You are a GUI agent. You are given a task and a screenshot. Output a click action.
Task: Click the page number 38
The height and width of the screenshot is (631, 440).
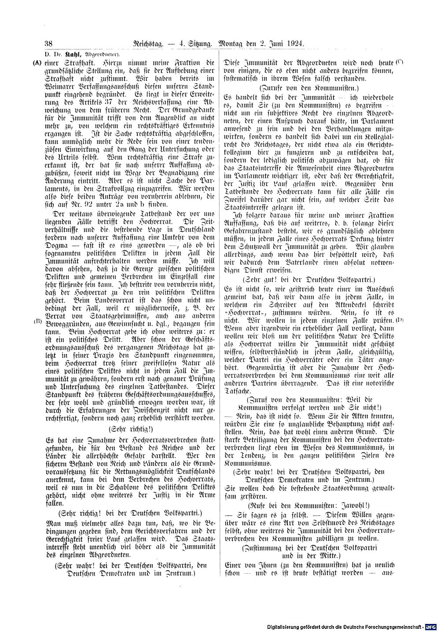pos(48,44)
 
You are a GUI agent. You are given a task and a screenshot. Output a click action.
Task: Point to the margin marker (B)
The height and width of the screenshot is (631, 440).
pos(37,321)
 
